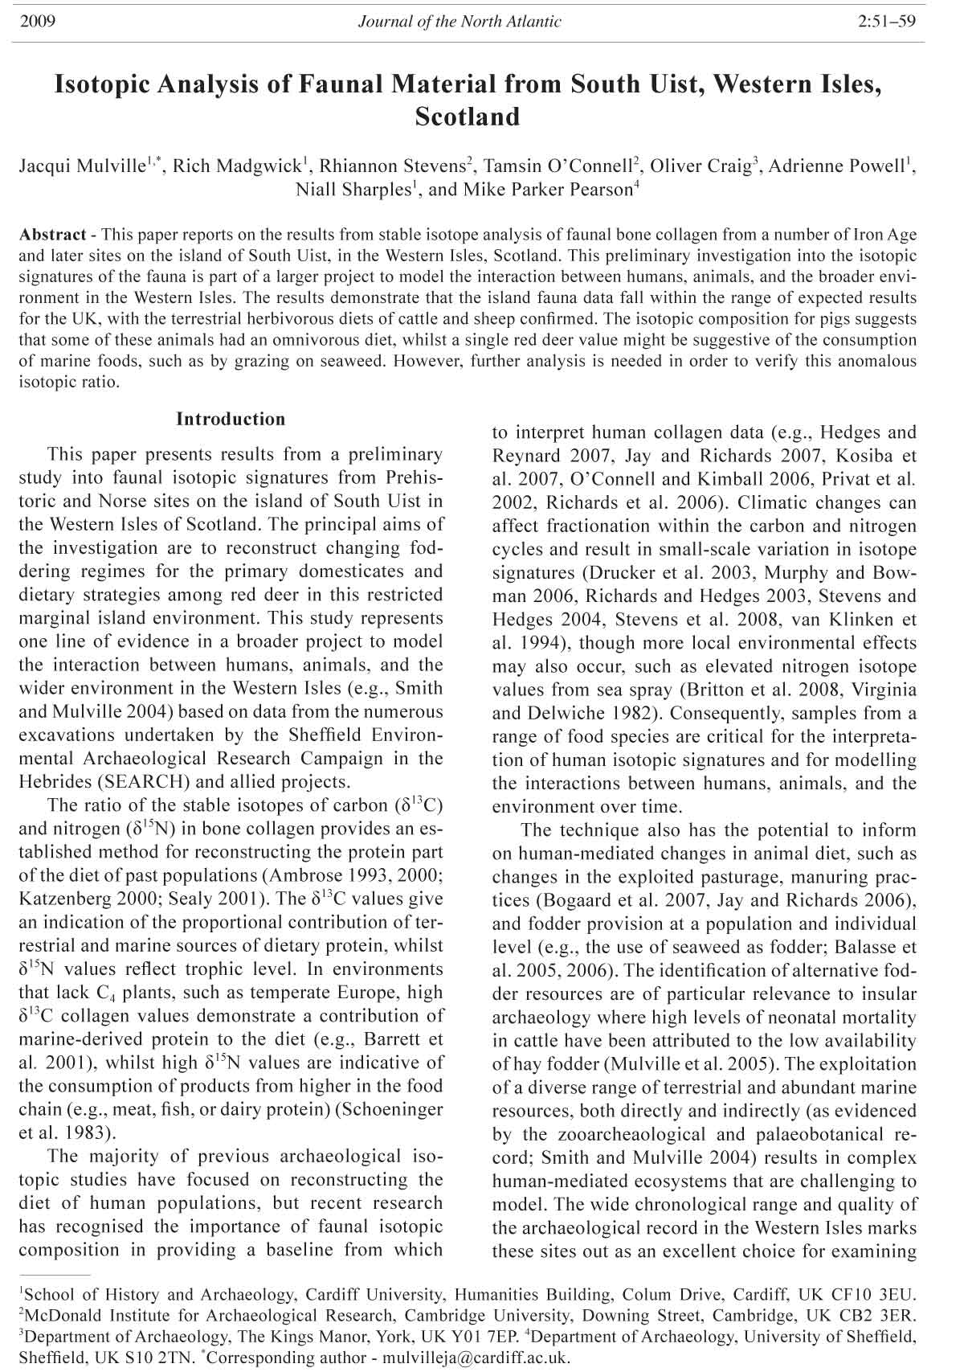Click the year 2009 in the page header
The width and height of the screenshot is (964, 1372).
coord(36,22)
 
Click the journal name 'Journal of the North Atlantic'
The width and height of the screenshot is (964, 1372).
coord(460,22)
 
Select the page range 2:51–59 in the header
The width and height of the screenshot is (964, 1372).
coord(887,22)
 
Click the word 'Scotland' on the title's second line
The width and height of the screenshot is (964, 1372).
coord(468,117)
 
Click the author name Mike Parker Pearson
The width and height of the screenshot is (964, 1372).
coord(548,190)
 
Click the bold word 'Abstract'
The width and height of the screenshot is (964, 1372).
coord(52,235)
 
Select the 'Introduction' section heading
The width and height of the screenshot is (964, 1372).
coord(231,419)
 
